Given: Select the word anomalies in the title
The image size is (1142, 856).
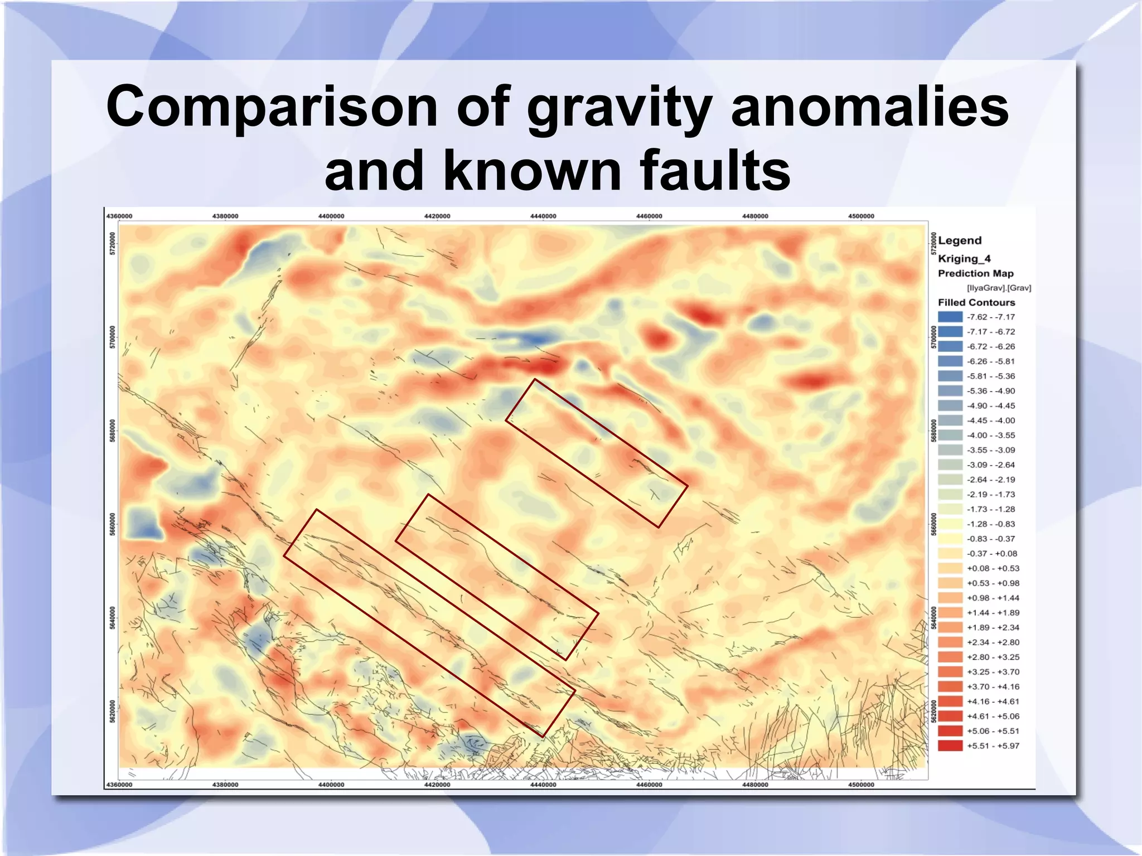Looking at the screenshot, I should pyautogui.click(x=869, y=107).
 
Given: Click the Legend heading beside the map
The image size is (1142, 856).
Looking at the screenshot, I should pyautogui.click(x=959, y=240).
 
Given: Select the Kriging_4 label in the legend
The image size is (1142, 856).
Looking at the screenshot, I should pyautogui.click(x=964, y=258).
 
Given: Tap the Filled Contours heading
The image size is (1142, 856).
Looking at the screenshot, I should pyautogui.click(x=976, y=302).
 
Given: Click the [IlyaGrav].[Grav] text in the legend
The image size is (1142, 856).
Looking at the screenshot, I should pyautogui.click(x=999, y=288).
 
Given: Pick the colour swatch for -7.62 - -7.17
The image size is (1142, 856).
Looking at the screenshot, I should pyautogui.click(x=950, y=317).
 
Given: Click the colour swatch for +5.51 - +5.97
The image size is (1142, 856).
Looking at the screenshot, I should pyautogui.click(x=950, y=746).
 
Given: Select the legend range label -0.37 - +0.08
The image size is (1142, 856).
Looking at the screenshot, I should pyautogui.click(x=991, y=554).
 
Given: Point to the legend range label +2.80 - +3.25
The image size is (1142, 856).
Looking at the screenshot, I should pyautogui.click(x=993, y=657).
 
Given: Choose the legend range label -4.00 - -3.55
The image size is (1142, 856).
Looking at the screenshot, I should pyautogui.click(x=990, y=436).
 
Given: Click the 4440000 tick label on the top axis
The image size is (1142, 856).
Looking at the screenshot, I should pyautogui.click(x=543, y=216).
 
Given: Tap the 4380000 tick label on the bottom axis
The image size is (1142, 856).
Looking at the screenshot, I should pyautogui.click(x=225, y=785).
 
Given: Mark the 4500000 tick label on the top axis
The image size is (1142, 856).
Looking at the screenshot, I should pyautogui.click(x=861, y=216).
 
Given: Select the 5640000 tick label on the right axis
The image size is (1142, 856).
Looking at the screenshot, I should pyautogui.click(x=935, y=618).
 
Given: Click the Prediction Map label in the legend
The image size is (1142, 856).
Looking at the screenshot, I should pyautogui.click(x=975, y=273).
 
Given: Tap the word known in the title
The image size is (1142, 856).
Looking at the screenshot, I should pyautogui.click(x=532, y=170).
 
